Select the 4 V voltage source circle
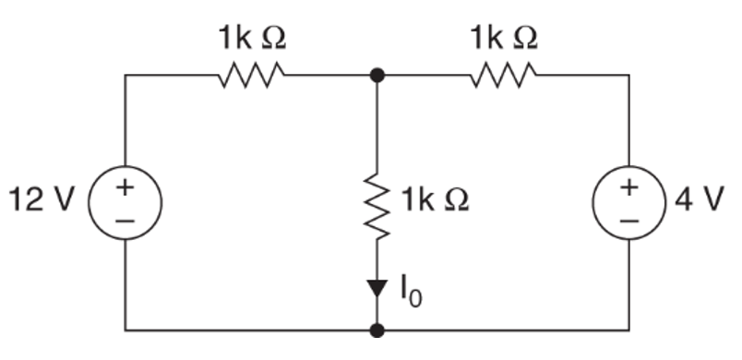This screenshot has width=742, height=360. coord(629,201)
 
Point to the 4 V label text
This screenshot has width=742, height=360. coord(693,200)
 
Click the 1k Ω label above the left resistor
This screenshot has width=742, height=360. coord(250,39)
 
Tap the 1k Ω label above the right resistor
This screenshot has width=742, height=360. coord(502,39)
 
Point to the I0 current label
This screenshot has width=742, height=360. coord(409,294)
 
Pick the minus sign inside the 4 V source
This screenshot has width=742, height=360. coord(629,220)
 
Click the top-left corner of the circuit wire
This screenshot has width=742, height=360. coord(126,76)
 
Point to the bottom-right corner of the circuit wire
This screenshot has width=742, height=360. coord(629,329)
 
